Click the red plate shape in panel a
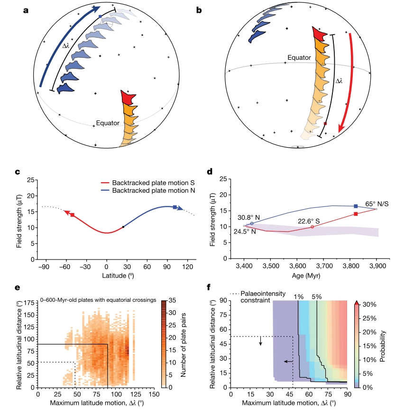coord(128,97)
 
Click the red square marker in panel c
coord(73,215)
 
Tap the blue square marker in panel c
coord(175,207)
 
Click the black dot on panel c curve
coord(123,227)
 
